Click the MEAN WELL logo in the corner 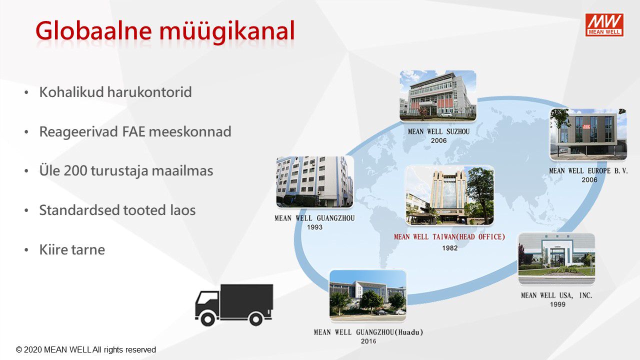pos(604,25)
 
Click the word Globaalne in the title pos(93,30)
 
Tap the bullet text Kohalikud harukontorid pos(115,92)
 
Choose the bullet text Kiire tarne pos(72,249)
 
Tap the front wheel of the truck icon pos(207,318)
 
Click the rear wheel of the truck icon pos(256,318)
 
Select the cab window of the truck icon pos(208,298)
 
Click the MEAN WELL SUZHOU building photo pos(437,95)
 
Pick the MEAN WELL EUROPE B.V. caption pos(588,171)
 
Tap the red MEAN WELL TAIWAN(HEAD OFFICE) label pos(449,237)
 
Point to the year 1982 pos(449,248)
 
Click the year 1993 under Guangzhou pos(314,227)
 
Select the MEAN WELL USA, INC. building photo pos(556,258)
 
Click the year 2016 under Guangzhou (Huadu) pos(368,341)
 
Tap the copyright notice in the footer pos(85,349)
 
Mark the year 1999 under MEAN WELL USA pos(557,304)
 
